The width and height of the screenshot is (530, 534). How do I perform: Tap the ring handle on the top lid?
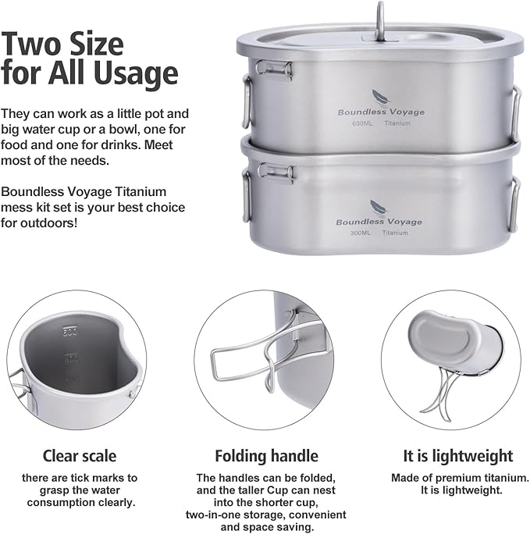click(x=381, y=17)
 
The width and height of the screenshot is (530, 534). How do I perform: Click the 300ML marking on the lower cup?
click(x=361, y=233)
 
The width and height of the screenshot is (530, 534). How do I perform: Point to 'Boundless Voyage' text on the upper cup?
click(x=381, y=112)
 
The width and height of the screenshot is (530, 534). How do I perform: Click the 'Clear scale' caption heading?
click(x=80, y=456)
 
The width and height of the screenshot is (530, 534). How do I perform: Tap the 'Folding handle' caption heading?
click(x=265, y=456)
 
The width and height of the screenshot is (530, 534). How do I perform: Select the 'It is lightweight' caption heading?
click(x=447, y=456)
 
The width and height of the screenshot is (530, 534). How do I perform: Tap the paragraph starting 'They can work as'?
click(x=94, y=137)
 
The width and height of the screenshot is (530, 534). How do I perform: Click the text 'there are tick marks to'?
click(x=80, y=477)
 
